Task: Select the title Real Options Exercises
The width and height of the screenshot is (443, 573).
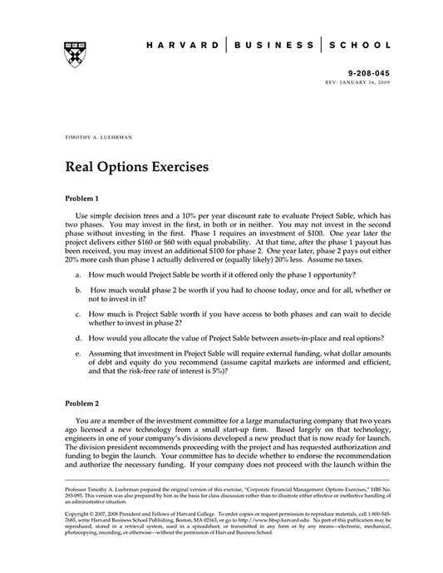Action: pyautogui.click(x=136, y=166)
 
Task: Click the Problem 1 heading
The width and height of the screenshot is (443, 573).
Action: pyautogui.click(x=81, y=199)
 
